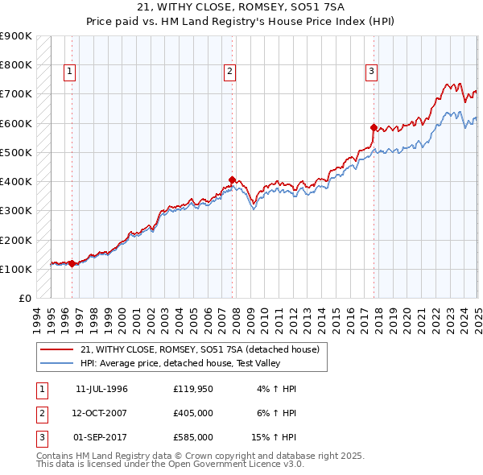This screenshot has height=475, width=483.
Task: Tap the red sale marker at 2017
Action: [x=374, y=127]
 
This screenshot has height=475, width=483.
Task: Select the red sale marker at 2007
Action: [x=232, y=180]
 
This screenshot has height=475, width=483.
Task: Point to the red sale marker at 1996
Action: [x=72, y=263]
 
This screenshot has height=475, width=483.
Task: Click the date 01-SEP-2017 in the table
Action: [x=101, y=437]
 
